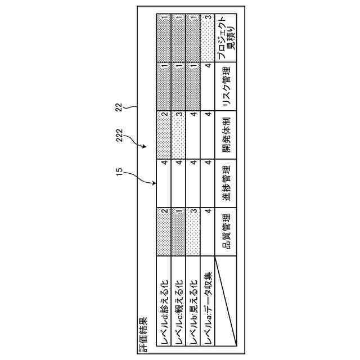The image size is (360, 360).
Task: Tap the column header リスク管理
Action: [226, 87]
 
